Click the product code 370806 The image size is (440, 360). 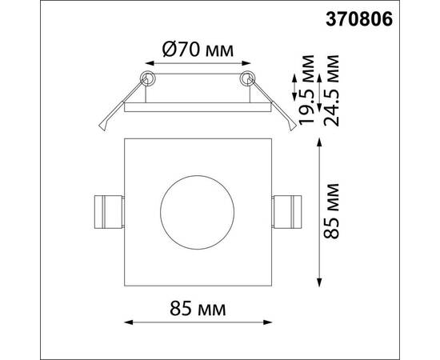click(359, 20)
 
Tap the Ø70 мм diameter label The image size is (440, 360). click(198, 50)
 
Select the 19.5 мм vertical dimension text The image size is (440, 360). click(306, 90)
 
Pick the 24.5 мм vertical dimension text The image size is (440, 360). click(331, 90)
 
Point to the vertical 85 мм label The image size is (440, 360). click(331, 211)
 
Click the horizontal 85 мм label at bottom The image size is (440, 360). click(198, 309)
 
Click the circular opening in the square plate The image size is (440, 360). click(198, 213)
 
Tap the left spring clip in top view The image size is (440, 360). click(109, 211)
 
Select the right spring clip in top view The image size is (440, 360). click(286, 211)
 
